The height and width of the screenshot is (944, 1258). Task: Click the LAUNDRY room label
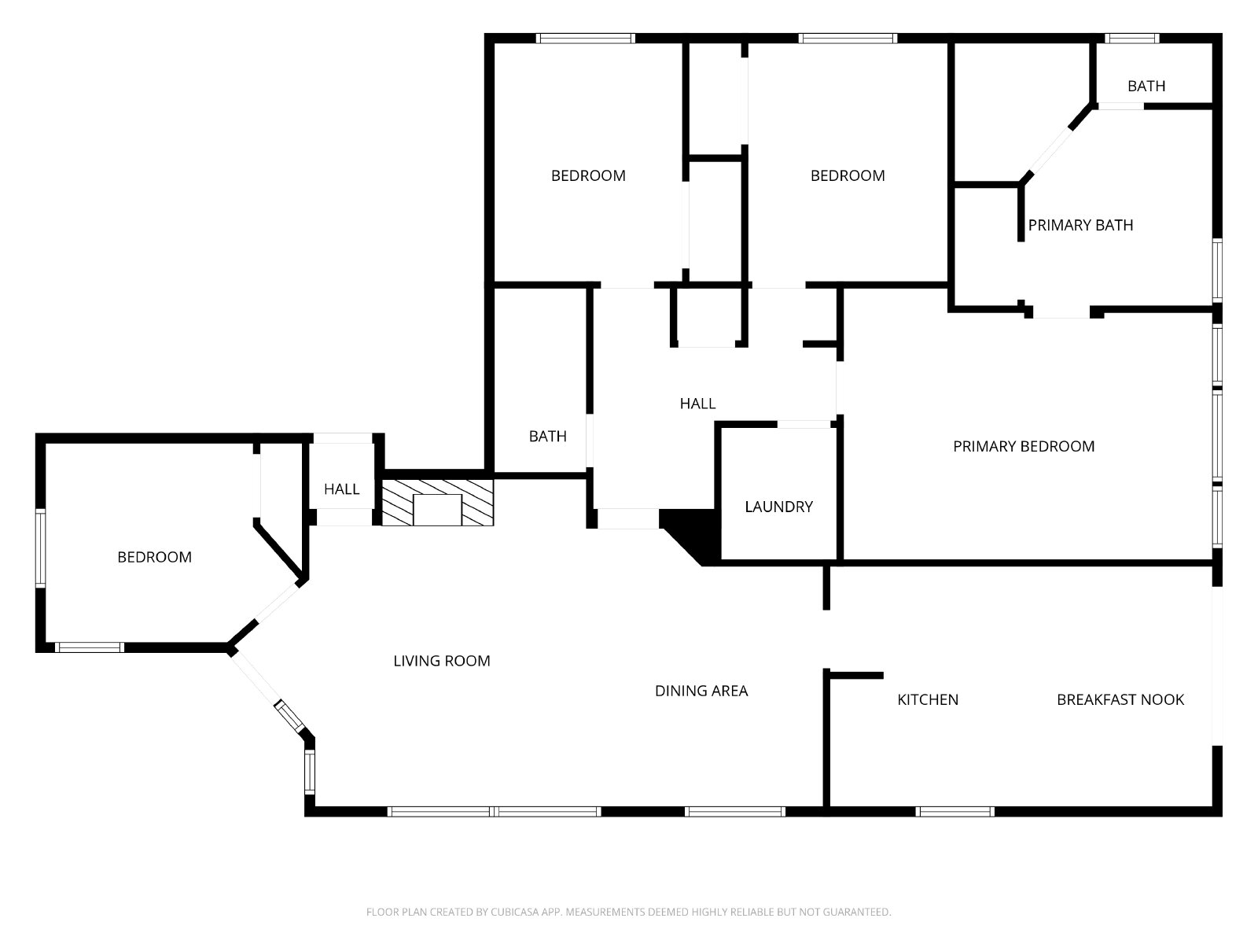[x=779, y=507]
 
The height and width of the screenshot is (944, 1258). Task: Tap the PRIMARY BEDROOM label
[x=1024, y=447]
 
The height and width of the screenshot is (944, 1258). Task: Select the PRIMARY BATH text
[x=1080, y=225]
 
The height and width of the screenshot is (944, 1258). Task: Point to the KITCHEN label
[x=928, y=699]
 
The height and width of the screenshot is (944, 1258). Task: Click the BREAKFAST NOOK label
[x=1120, y=699]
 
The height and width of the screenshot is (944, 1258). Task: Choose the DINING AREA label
[x=701, y=691]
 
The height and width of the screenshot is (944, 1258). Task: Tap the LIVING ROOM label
[x=442, y=661]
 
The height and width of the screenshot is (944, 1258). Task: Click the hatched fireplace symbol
[x=437, y=503]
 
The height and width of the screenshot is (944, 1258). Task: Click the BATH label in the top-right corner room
[x=1146, y=86]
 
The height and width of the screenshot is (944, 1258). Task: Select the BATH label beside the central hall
[x=548, y=436]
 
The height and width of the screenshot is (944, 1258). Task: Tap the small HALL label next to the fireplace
[x=341, y=489]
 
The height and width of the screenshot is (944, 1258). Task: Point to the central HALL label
[x=697, y=404]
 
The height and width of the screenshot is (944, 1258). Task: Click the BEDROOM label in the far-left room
[x=155, y=557]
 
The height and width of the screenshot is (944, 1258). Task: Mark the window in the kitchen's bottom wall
[x=955, y=812]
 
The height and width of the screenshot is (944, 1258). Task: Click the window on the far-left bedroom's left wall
[x=40, y=548]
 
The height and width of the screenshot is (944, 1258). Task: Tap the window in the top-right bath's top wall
[x=1132, y=39]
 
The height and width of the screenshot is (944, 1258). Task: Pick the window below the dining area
[x=734, y=812]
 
